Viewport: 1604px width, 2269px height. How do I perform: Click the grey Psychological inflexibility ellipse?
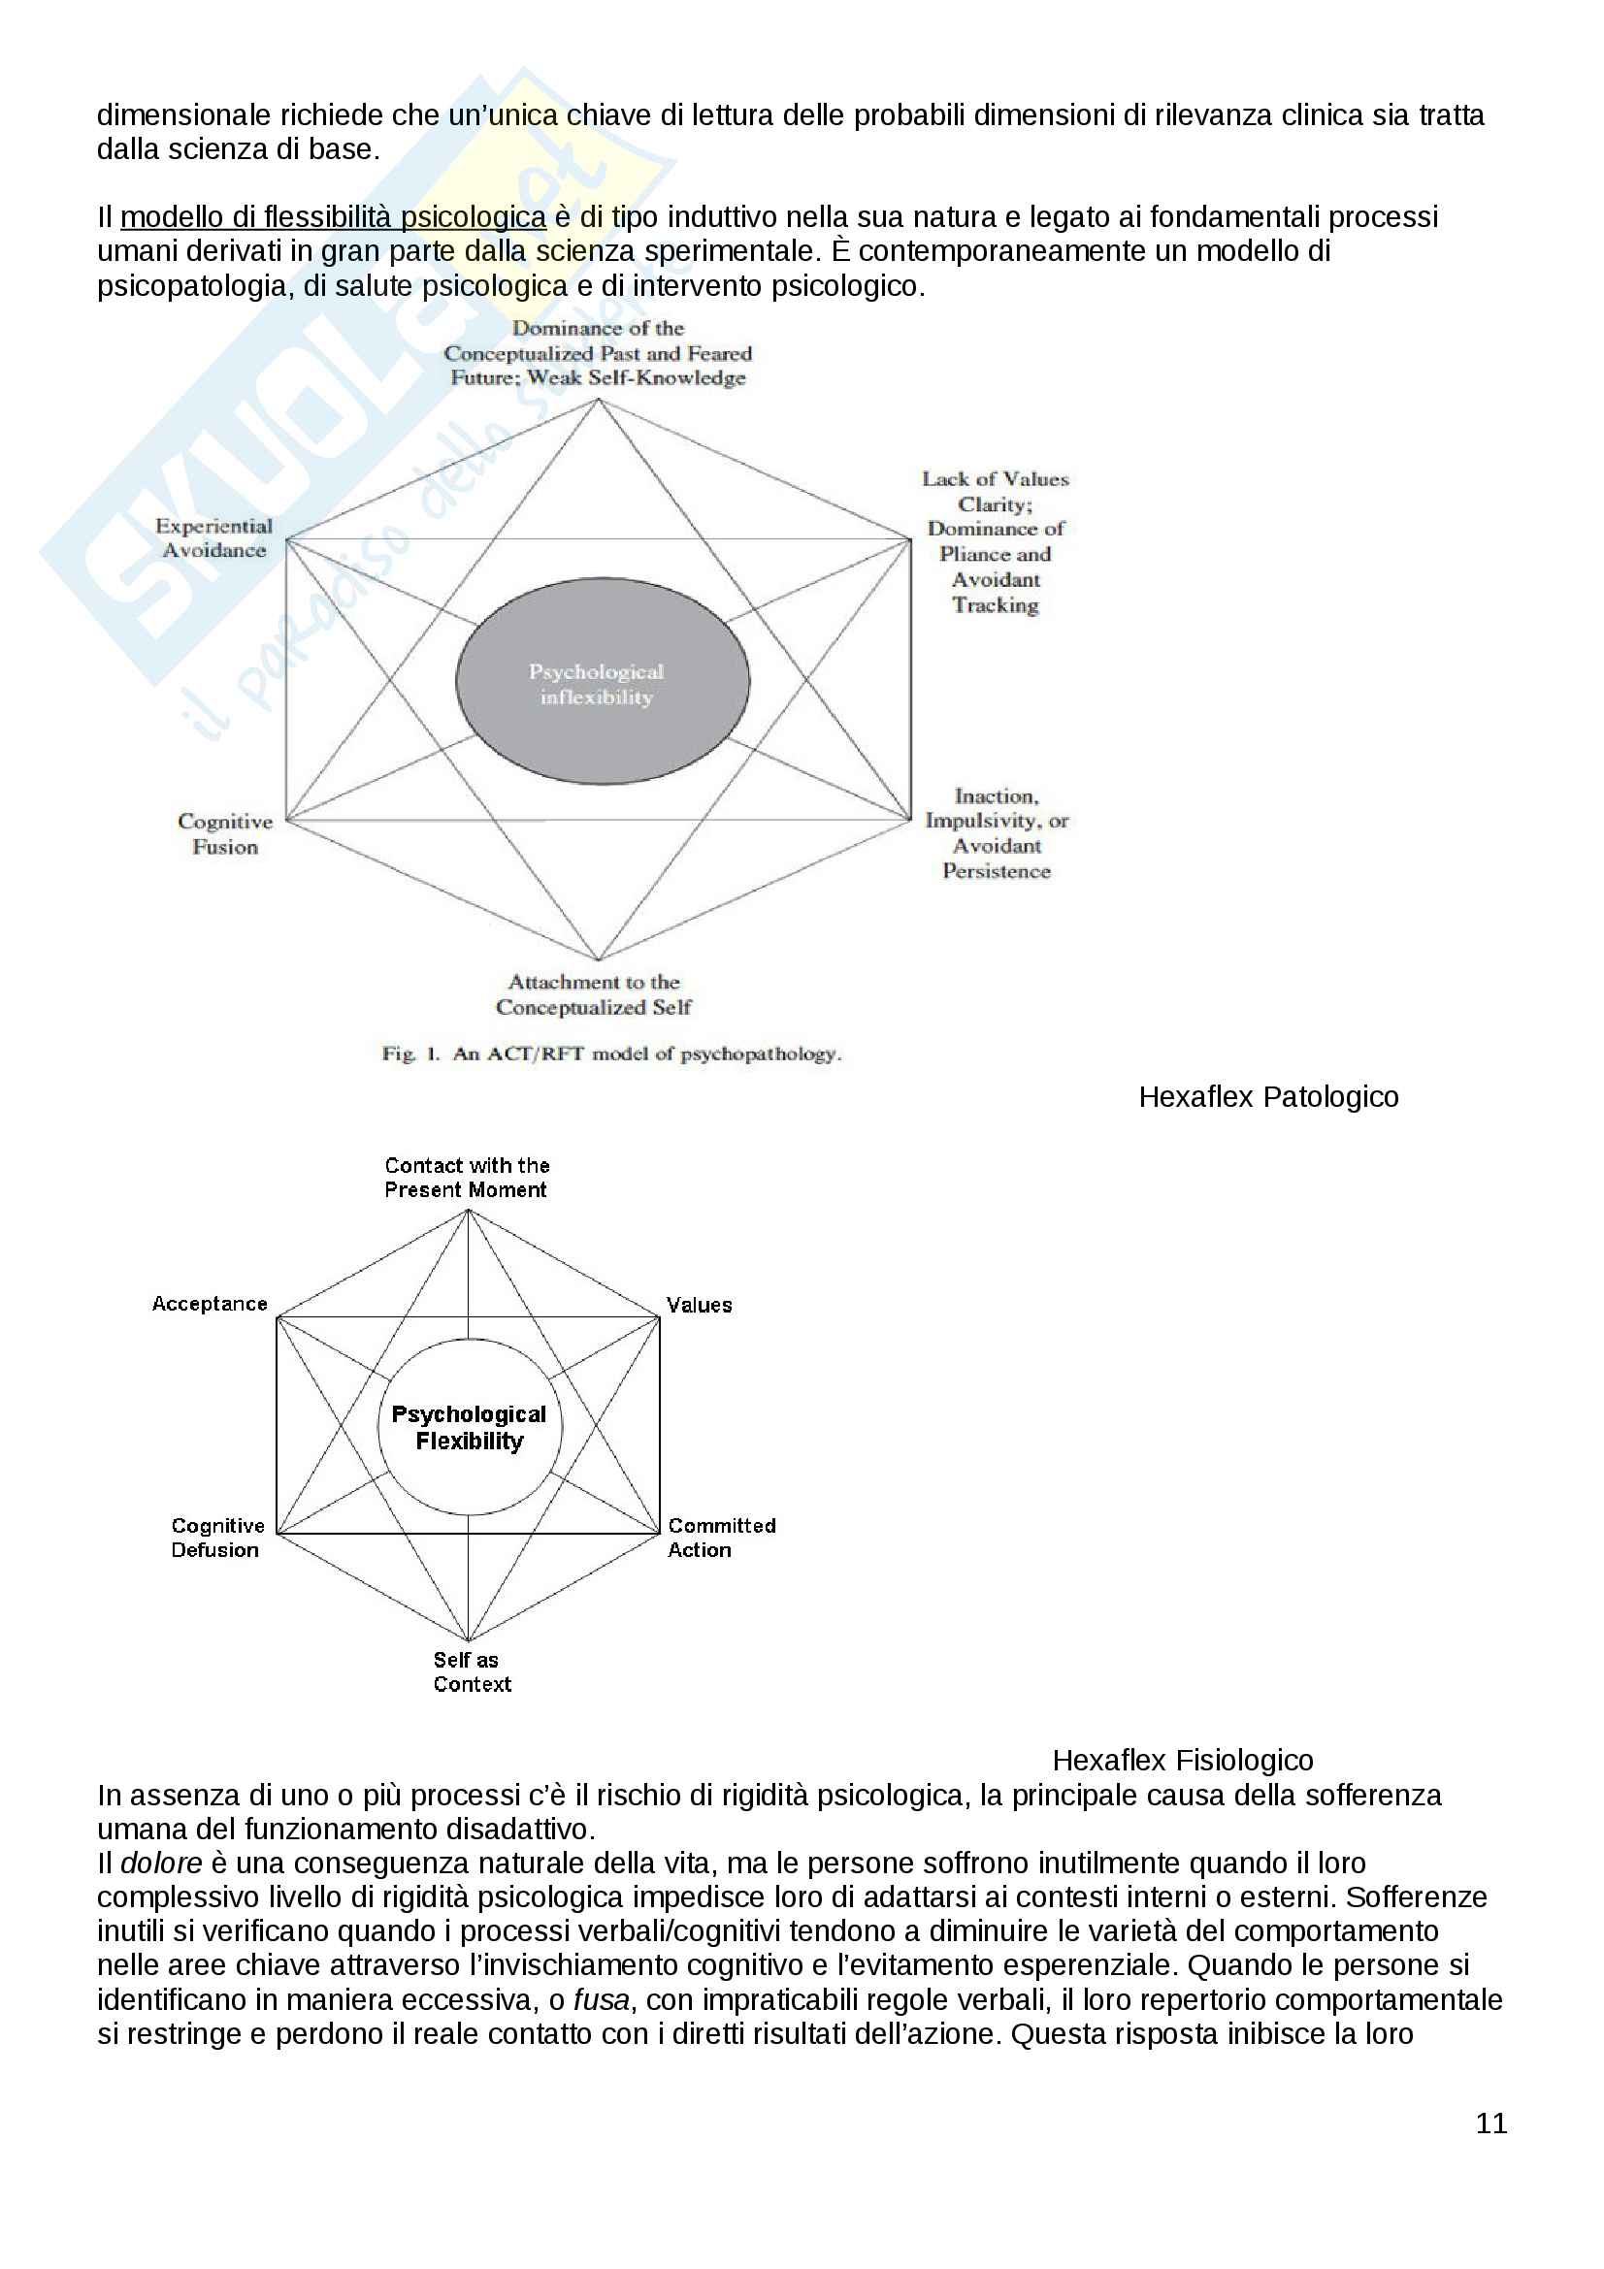(602, 682)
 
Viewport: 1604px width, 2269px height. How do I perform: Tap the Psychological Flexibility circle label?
(469, 1427)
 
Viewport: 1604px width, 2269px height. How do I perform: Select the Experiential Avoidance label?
(213, 538)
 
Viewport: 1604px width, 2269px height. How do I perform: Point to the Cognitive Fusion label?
(225, 834)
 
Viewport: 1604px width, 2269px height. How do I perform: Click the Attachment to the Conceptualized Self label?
(594, 994)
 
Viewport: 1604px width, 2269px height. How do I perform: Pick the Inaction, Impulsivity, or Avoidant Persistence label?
(997, 833)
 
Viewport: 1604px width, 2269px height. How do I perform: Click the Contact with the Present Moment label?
(467, 1177)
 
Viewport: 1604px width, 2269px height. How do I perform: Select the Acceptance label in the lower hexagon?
(210, 1304)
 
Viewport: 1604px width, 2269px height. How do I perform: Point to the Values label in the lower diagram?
(699, 1305)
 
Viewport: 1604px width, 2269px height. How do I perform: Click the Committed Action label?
(720, 1538)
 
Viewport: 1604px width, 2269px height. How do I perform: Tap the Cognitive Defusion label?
(217, 1538)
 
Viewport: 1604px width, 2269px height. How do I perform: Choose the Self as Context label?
(471, 1672)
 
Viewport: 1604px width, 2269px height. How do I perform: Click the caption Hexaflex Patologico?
(1268, 1097)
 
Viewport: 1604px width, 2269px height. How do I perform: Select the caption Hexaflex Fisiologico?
(1182, 1760)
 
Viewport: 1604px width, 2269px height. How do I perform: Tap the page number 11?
(1490, 2123)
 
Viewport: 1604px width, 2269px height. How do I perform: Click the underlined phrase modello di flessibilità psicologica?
(333, 216)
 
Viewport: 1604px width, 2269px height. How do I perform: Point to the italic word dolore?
(161, 1864)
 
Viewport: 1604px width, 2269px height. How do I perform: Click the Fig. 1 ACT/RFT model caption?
(611, 1053)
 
